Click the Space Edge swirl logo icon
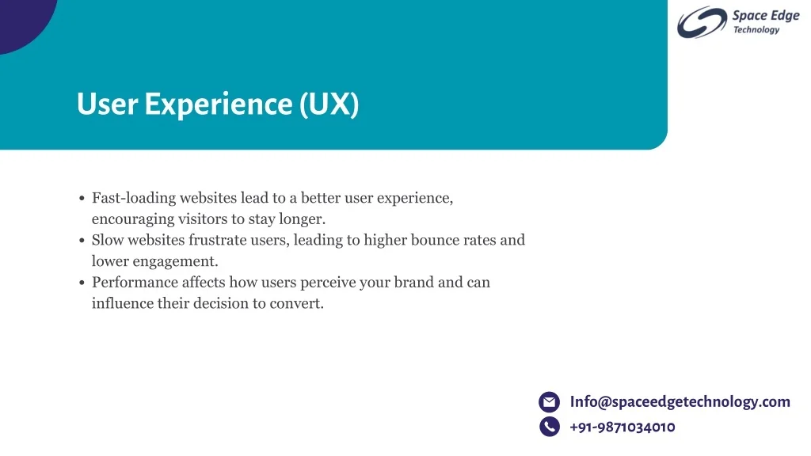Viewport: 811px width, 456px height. [x=702, y=22]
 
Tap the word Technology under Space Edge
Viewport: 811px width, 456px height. [x=756, y=30]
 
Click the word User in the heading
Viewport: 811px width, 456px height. [x=107, y=104]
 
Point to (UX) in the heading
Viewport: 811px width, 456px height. [x=329, y=104]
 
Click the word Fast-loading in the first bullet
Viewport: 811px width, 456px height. [x=134, y=198]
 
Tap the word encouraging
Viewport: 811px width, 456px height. [x=133, y=219]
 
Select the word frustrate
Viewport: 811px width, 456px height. [x=217, y=240]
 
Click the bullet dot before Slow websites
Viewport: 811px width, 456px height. [x=82, y=241]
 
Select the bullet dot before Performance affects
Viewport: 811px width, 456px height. [x=82, y=283]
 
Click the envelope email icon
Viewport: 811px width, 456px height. [x=550, y=401]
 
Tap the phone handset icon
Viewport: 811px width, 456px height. [x=550, y=427]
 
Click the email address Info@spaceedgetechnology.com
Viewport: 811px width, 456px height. [x=680, y=401]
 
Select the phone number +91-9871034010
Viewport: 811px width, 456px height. [x=623, y=427]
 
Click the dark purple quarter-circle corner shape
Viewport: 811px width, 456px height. [x=23, y=21]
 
